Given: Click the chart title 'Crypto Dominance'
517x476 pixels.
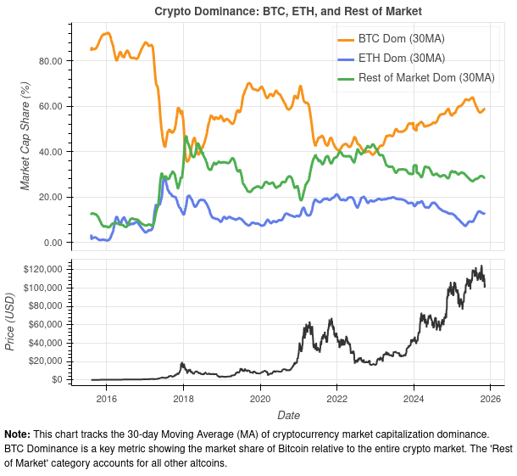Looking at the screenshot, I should (287, 11).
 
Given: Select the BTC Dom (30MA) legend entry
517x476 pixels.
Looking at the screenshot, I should (401, 40).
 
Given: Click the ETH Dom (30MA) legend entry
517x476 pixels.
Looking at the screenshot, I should (400, 59).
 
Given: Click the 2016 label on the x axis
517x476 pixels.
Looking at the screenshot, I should (107, 398).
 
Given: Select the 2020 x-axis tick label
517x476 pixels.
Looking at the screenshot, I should (260, 398).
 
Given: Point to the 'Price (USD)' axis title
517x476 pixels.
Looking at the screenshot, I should (10, 322).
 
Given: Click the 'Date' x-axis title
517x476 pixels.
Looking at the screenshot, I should (287, 415).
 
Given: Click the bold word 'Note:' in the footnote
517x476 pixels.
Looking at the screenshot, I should (18, 434).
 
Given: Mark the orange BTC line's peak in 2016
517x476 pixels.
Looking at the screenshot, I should (106, 33).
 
